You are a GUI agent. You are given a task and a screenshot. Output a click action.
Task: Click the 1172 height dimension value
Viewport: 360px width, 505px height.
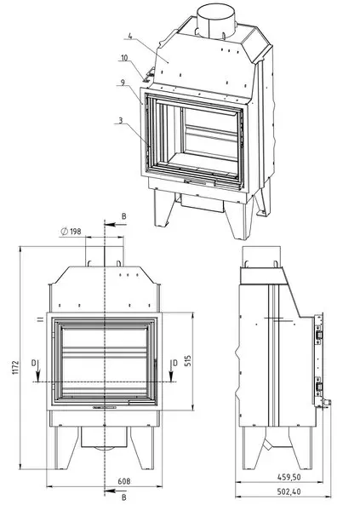pyautogui.click(x=16, y=368)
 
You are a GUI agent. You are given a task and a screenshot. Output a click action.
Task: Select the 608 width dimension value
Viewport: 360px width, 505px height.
pyautogui.click(x=124, y=481)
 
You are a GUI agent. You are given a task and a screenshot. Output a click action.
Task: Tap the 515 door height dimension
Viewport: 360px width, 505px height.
pyautogui.click(x=188, y=361)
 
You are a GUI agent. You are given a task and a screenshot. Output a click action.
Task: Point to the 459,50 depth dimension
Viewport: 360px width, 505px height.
pyautogui.click(x=289, y=477)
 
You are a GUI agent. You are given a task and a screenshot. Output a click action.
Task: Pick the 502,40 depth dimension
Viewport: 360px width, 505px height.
pyautogui.click(x=289, y=491)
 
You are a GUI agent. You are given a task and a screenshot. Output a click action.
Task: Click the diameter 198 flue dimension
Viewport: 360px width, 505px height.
pyautogui.click(x=71, y=232)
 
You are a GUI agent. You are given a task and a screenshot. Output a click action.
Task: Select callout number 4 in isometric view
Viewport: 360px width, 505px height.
pyautogui.click(x=129, y=36)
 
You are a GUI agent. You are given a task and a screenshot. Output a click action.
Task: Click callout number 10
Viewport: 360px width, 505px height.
pyautogui.click(x=124, y=58)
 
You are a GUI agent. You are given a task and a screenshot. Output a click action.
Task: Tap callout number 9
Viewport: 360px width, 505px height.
pyautogui.click(x=123, y=83)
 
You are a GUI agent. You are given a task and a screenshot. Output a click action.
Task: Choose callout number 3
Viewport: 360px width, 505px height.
pyautogui.click(x=121, y=120)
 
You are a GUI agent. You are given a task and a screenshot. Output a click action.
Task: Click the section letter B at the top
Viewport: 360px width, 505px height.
pyautogui.click(x=124, y=216)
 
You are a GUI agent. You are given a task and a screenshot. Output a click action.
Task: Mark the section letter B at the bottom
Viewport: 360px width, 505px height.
pyautogui.click(x=124, y=497)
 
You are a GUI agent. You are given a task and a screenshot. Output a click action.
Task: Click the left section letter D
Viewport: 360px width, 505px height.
pyautogui.click(x=34, y=364)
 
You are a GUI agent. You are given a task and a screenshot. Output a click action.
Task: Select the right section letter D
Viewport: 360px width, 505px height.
pyautogui.click(x=174, y=364)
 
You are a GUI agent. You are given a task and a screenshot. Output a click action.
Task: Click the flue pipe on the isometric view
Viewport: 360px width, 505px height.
pyautogui.click(x=217, y=19)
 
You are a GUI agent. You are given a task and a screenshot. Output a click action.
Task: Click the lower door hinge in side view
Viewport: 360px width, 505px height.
pyautogui.click(x=318, y=387)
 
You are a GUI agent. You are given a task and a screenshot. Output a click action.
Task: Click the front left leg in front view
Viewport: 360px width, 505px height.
pyautogui.click(x=66, y=448)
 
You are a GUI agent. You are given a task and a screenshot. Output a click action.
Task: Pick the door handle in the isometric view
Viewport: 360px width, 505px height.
pyautogui.click(x=195, y=182)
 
